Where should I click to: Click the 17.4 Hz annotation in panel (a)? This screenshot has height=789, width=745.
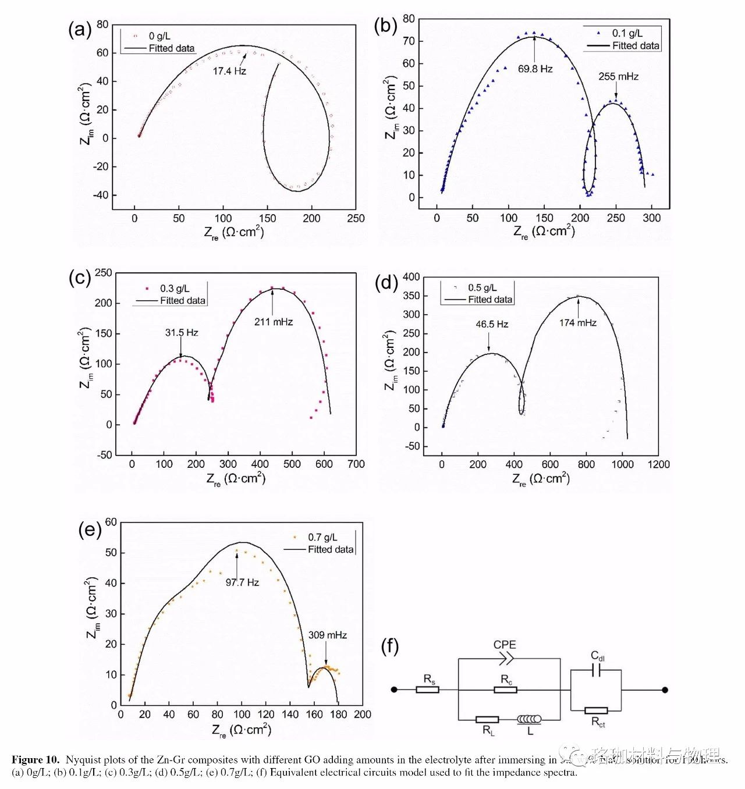click(x=229, y=71)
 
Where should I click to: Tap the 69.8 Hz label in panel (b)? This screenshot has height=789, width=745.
click(x=535, y=69)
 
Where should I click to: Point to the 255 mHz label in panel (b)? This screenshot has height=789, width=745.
click(x=618, y=77)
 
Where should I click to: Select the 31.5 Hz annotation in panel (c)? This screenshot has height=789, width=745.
click(x=182, y=333)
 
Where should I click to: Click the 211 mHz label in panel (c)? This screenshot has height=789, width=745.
click(x=274, y=322)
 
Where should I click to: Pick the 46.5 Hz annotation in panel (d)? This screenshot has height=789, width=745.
click(x=492, y=324)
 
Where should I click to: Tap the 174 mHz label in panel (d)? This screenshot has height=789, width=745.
click(x=577, y=323)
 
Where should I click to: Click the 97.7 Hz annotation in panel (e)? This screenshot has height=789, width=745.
click(x=242, y=582)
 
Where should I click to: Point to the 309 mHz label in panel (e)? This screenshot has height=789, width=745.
click(x=327, y=635)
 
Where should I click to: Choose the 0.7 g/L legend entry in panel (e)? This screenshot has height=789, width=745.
click(x=322, y=538)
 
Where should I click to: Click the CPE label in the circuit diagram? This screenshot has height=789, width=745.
click(x=505, y=645)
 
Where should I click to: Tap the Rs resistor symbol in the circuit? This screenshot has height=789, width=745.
click(x=427, y=690)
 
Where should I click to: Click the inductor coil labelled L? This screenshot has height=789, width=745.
click(x=529, y=720)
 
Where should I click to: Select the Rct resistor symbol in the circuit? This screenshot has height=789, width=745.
click(x=596, y=710)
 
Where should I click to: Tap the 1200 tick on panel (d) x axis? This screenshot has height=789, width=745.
click(x=658, y=464)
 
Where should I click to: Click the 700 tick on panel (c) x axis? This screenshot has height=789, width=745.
click(x=356, y=464)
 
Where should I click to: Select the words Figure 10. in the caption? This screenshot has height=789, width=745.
click(x=36, y=760)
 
